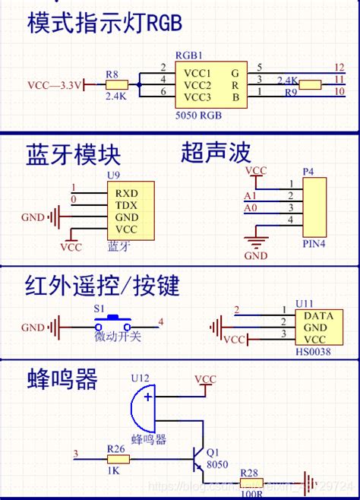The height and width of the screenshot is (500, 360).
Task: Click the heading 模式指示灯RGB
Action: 105,24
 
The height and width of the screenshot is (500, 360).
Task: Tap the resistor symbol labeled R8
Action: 116,84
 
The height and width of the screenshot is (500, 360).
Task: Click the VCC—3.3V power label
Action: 55,84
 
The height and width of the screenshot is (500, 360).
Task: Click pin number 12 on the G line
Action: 339,68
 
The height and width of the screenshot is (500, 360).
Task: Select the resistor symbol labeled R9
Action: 311,85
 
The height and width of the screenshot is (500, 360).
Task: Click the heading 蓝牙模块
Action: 74,155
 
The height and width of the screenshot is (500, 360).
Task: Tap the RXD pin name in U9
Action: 126,192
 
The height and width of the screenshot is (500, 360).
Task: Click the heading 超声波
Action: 215,153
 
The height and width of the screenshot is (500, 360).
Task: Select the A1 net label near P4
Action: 250,196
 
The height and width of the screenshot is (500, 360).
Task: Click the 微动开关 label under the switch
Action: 118,337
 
